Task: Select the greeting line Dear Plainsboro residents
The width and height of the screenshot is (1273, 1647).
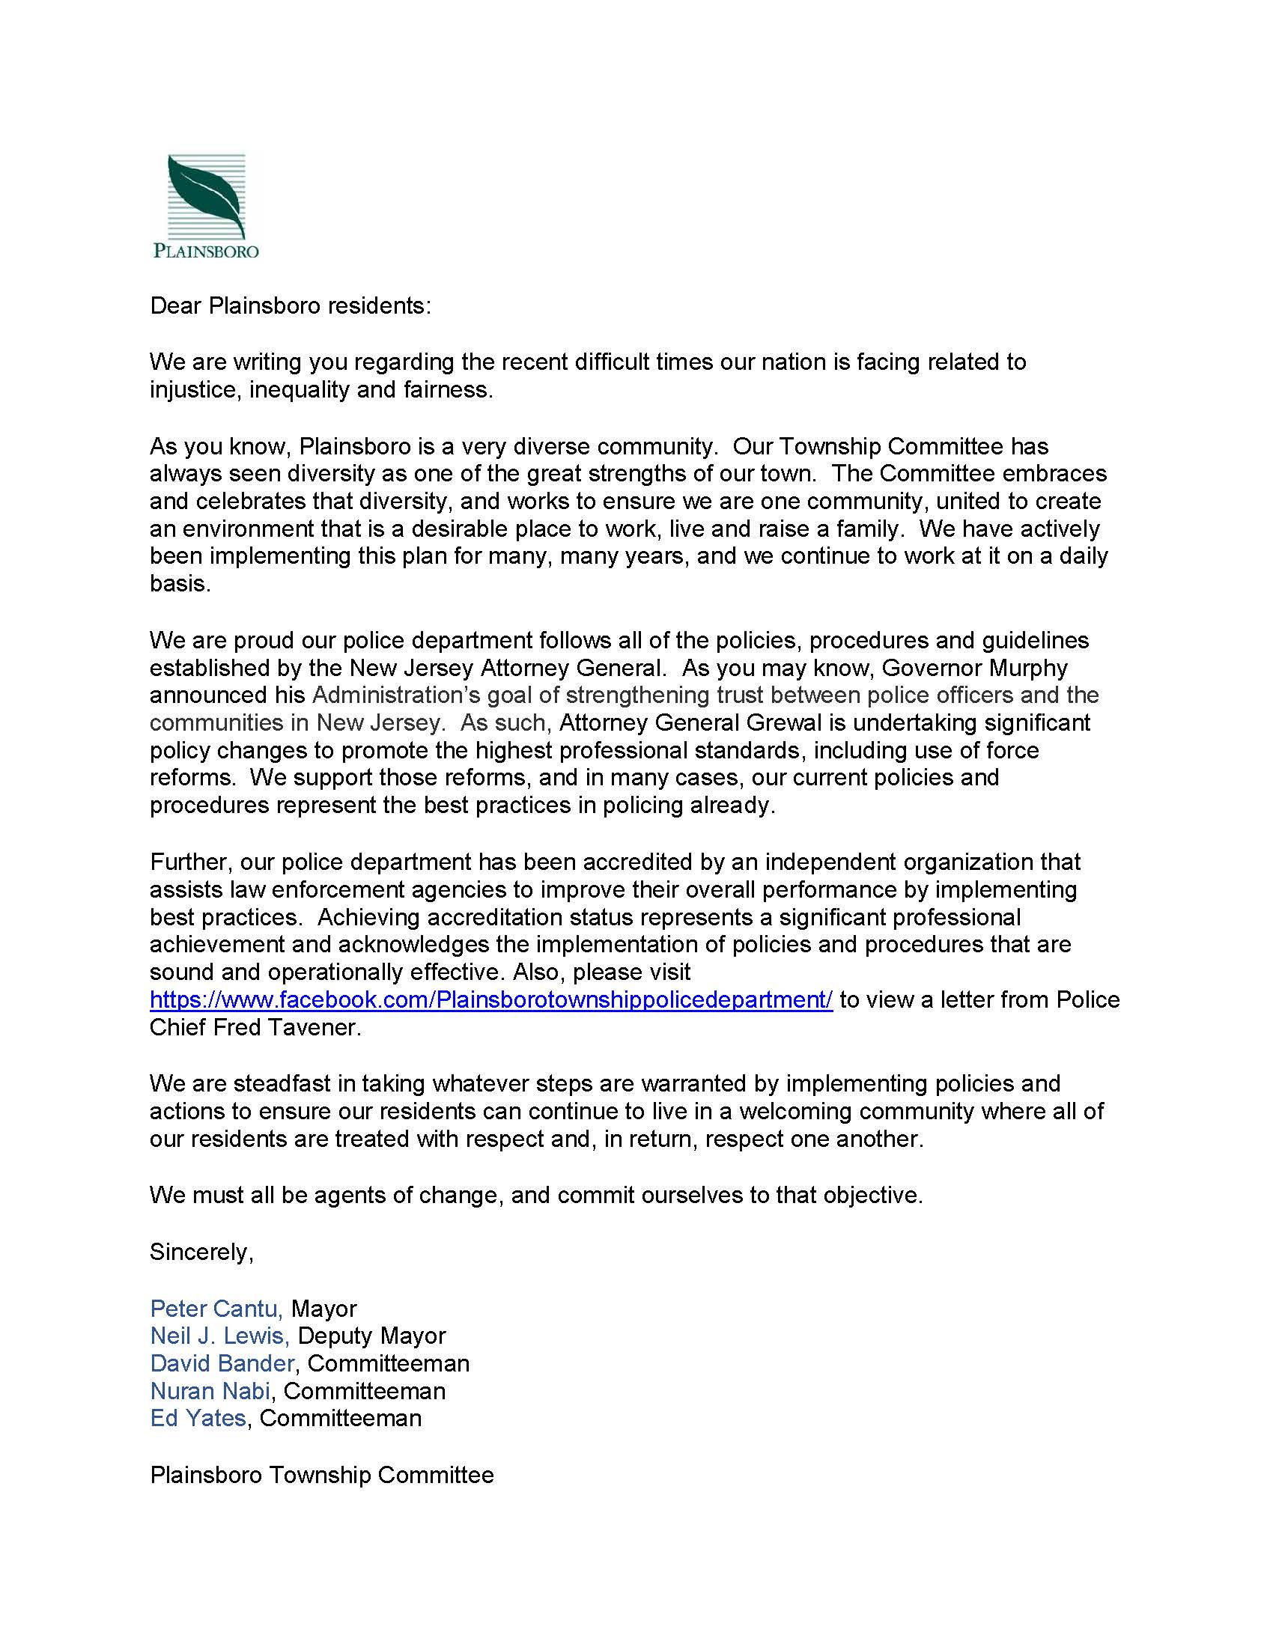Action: click(291, 305)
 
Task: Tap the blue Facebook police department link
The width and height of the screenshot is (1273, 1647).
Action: click(491, 1000)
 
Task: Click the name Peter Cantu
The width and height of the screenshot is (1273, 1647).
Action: click(216, 1309)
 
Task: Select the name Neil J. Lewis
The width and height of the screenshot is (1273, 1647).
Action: click(219, 1336)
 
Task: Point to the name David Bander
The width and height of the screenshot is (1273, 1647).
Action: click(222, 1363)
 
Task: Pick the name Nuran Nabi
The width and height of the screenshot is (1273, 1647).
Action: click(210, 1391)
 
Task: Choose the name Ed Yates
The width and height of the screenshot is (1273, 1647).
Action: click(198, 1418)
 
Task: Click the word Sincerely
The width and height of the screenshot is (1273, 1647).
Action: click(201, 1252)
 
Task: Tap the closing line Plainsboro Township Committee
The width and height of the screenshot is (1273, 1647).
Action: click(322, 1474)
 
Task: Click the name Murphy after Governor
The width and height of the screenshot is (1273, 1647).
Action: click(1034, 668)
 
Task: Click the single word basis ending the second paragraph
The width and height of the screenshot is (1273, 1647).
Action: click(180, 584)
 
